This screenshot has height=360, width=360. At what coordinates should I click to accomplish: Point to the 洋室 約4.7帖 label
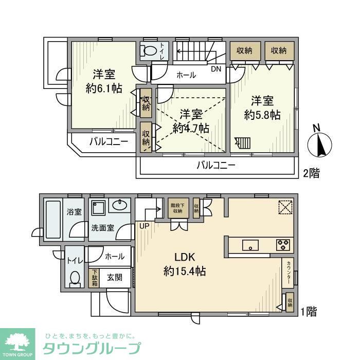190,121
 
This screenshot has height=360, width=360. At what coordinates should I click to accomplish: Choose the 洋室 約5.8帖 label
262,108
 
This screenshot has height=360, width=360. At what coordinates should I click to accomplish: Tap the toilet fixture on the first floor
75,278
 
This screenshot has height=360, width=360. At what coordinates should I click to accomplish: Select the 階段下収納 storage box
177,208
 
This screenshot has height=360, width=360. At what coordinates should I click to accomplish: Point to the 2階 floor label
311,173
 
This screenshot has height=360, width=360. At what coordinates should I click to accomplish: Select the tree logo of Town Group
17,341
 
